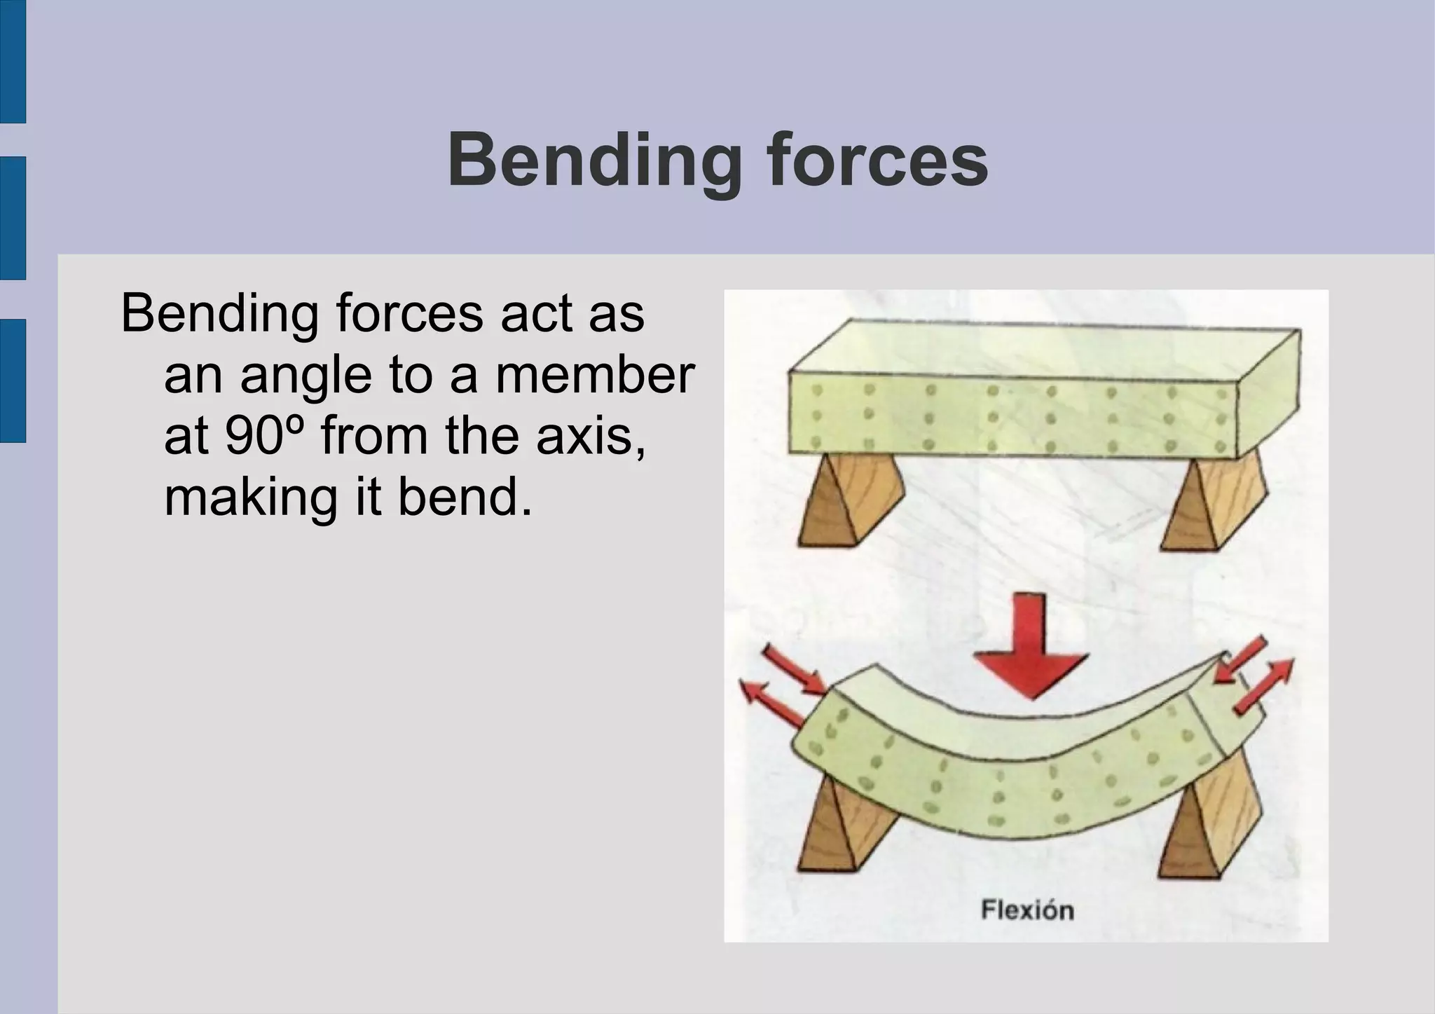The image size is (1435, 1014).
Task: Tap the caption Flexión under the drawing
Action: tap(1027, 910)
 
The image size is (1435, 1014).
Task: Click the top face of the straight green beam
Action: tap(1044, 349)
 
